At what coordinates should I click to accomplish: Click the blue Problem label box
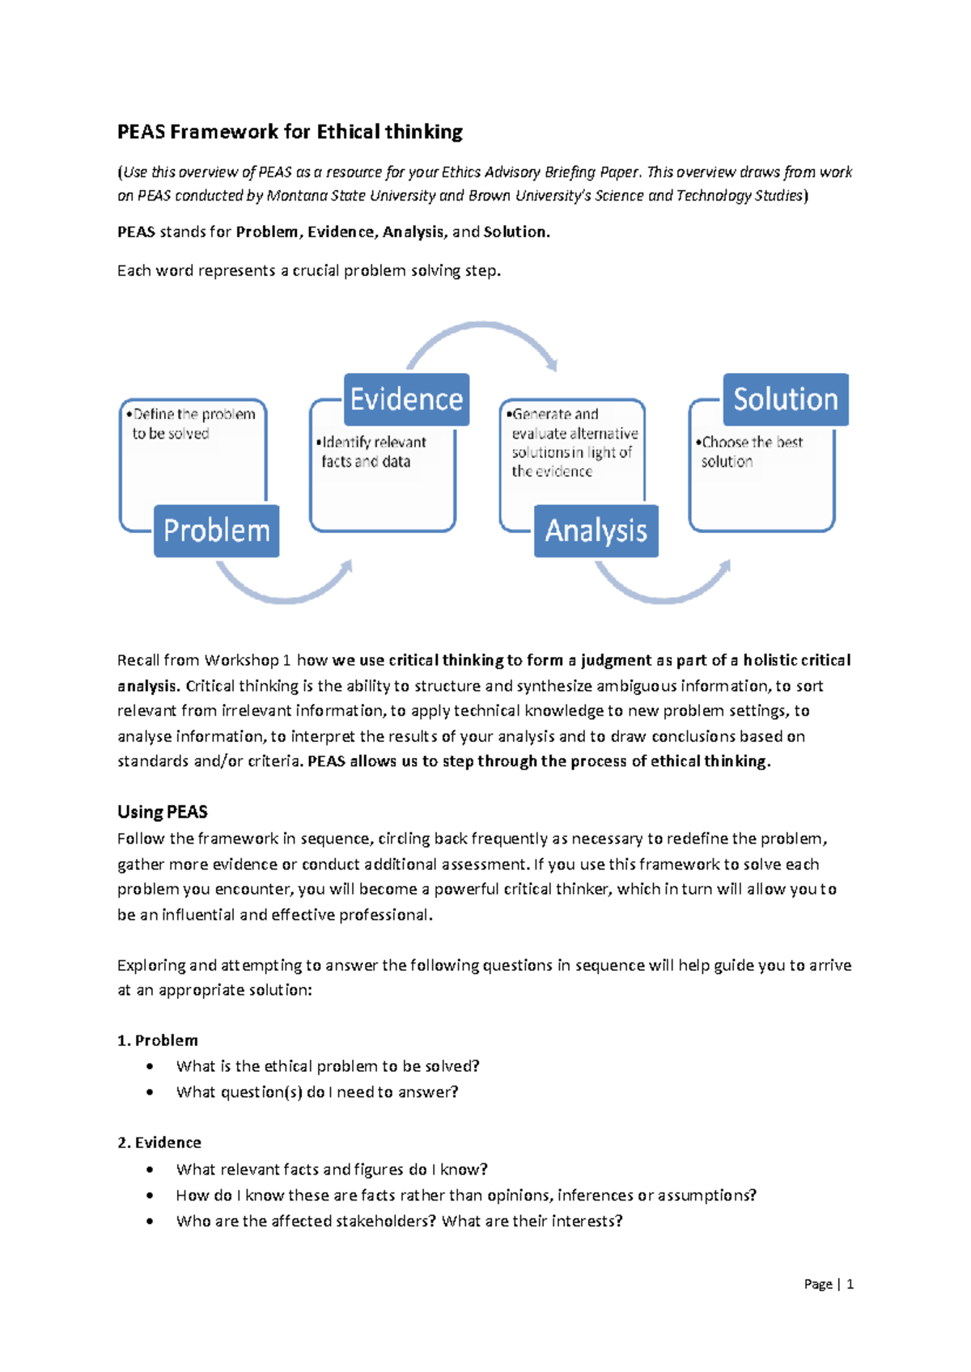pos(216,531)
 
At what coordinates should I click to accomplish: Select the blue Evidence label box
pos(406,399)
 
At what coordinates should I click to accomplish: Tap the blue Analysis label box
pos(596,531)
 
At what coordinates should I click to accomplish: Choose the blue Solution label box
pos(785,399)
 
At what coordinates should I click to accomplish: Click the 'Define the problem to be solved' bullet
pos(191,424)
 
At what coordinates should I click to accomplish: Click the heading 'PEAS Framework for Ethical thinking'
pos(290,132)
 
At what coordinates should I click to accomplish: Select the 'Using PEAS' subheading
pos(163,812)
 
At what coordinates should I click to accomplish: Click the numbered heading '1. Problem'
pos(158,1040)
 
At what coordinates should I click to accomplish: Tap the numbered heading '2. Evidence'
pos(159,1142)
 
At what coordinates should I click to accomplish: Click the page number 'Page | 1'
pos(829,1284)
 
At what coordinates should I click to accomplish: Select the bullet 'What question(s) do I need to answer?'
pos(317,1092)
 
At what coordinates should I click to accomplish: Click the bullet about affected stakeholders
pos(399,1221)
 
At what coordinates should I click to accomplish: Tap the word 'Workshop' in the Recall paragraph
pos(241,660)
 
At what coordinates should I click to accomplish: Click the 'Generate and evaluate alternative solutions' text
pos(573,443)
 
